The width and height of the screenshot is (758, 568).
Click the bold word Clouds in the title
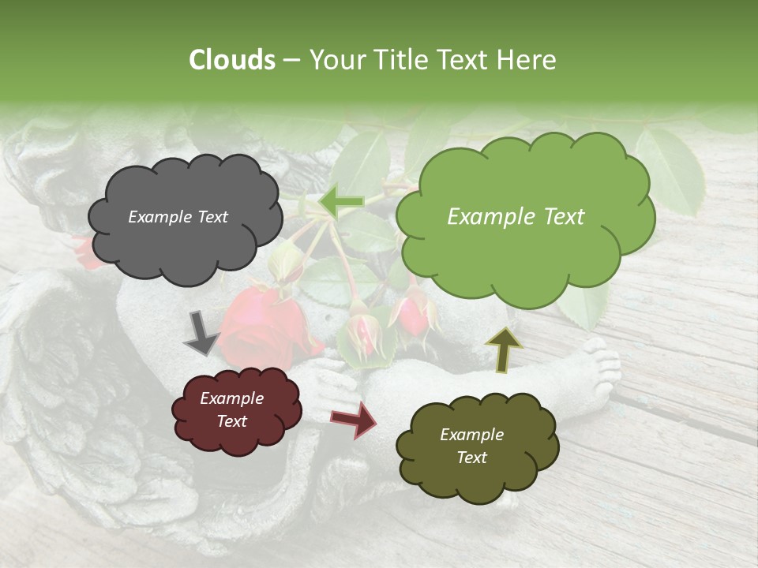coord(232,60)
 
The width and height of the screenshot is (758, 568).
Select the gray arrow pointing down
coord(201,332)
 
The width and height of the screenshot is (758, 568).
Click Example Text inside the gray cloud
coord(178,217)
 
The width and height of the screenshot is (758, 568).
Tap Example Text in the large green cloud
coord(516,217)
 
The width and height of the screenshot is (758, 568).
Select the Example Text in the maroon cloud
coord(232,409)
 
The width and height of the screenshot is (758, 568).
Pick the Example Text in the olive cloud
coord(471,446)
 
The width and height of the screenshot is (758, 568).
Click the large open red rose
coord(261,323)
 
